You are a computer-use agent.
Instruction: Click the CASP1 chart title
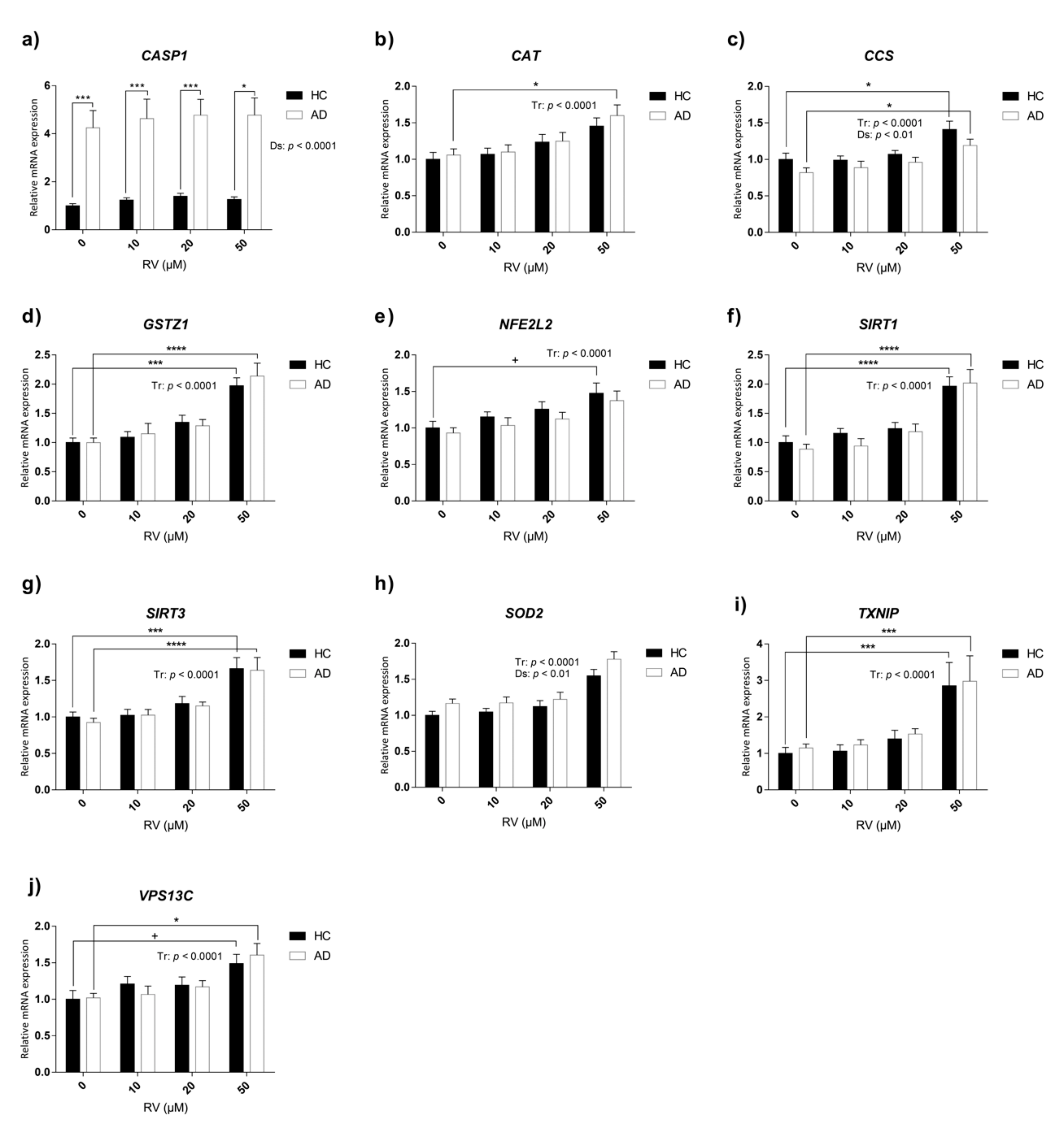pyautogui.click(x=164, y=55)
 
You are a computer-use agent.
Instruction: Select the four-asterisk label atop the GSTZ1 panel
pyautogui.click(x=176, y=349)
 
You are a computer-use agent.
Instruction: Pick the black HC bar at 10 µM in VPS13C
pyautogui.click(x=127, y=1027)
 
